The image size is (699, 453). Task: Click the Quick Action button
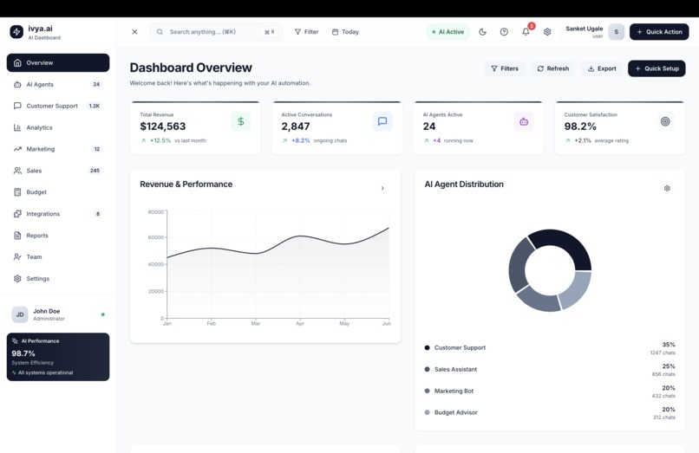point(658,32)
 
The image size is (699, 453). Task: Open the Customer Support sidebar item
point(52,106)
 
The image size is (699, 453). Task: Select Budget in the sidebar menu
point(36,192)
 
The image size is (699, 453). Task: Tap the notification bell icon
point(526,32)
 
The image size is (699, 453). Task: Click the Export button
point(601,68)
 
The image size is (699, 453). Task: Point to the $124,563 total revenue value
point(163,126)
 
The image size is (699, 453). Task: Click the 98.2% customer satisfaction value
point(580,126)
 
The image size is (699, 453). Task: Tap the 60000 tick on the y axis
point(155,237)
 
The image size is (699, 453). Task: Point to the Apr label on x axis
point(300,323)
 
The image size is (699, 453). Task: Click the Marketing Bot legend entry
point(454,391)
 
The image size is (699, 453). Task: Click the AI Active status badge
point(448,32)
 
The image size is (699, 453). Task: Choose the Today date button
point(345,32)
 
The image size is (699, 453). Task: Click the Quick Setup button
point(657,68)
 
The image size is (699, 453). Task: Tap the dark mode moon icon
point(483,32)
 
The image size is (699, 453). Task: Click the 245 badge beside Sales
point(95,171)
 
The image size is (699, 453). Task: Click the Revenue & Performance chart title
point(186,184)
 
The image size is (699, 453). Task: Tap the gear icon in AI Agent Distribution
point(667,188)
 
